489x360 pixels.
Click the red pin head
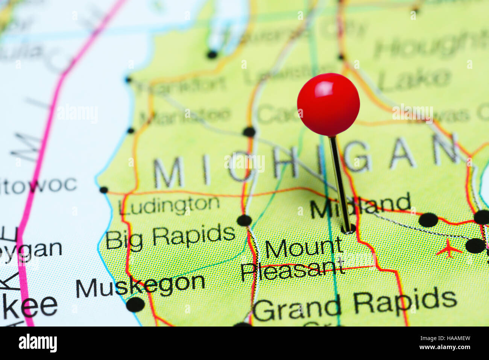(328, 104)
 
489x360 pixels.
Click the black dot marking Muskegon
(135, 304)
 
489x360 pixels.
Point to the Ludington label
(169, 205)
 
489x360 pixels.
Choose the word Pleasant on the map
(292, 270)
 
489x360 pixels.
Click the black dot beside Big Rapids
(244, 220)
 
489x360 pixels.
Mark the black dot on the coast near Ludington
(103, 190)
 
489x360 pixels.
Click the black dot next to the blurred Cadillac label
(249, 132)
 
